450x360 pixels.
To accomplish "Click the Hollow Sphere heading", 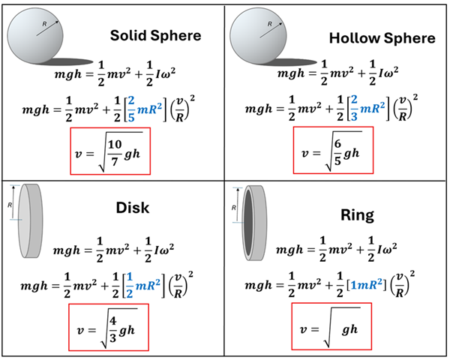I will (x=382, y=37).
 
